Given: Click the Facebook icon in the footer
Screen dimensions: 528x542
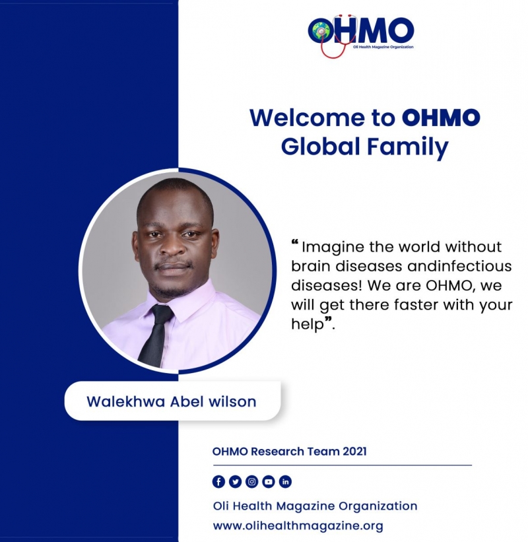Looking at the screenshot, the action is [218, 481].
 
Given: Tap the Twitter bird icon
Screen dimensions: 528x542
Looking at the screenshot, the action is [236, 481].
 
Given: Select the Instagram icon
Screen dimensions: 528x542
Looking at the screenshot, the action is [252, 481].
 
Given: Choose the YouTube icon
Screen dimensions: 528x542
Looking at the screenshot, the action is [269, 481].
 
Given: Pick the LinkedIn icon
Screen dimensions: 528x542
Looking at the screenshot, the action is [285, 481].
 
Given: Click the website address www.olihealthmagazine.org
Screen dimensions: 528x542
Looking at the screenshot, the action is [298, 525].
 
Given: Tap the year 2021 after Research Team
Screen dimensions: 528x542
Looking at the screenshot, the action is [355, 452].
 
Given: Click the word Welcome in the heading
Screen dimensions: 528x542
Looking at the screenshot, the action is [308, 118].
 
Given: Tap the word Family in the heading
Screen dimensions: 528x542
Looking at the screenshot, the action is [408, 147].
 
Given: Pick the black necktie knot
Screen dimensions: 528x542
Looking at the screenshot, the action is [162, 313].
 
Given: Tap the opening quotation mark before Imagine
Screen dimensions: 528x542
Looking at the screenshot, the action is [295, 243].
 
